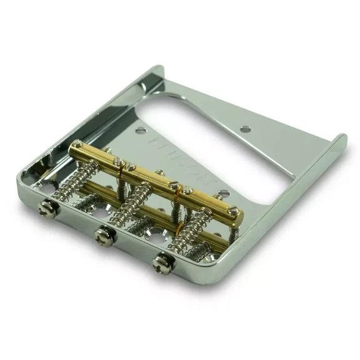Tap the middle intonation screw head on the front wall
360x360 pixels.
pyautogui.click(x=102, y=235)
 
